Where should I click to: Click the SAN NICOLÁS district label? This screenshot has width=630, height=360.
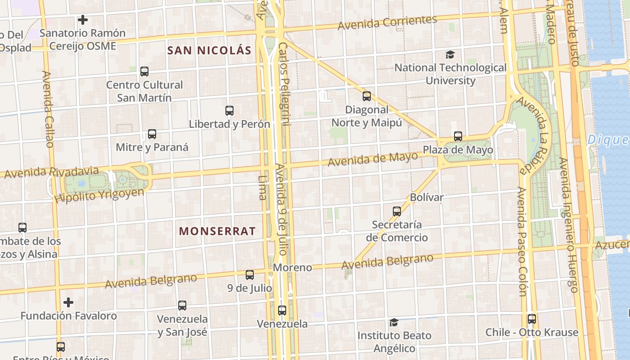[209, 50]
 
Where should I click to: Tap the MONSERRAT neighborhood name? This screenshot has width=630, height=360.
[217, 231]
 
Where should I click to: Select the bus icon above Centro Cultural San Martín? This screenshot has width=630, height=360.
[144, 71]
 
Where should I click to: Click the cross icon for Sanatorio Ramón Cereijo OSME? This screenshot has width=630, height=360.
[82, 20]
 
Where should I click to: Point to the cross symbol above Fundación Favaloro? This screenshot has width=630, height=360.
[68, 302]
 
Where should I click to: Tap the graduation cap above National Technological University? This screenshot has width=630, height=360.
[450, 55]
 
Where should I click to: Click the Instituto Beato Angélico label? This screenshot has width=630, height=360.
[394, 342]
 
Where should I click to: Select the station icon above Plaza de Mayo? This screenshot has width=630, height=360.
[458, 136]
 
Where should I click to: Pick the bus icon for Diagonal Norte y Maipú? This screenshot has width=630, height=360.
[367, 96]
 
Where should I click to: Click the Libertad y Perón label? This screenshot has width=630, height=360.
[229, 124]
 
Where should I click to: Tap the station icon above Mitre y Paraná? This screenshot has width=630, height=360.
[152, 134]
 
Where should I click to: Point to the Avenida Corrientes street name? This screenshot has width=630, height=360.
[387, 22]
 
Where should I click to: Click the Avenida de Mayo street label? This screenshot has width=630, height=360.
[373, 159]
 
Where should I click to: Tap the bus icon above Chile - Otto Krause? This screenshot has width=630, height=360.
[532, 319]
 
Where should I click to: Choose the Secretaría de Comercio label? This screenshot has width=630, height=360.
[396, 231]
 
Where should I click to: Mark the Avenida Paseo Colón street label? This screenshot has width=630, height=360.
[522, 242]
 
